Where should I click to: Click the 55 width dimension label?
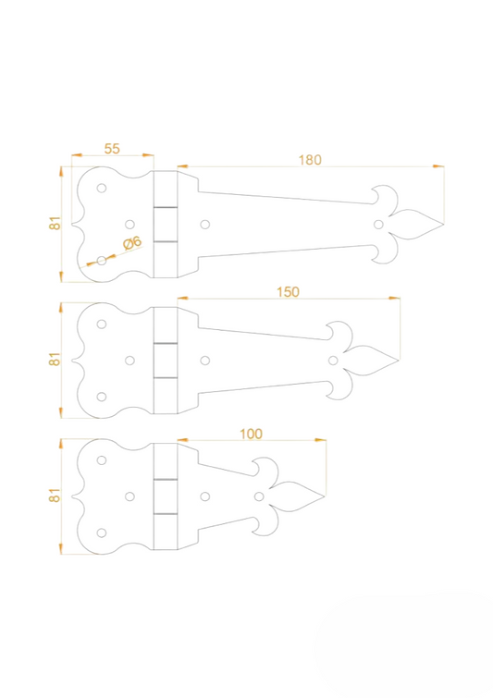(x=112, y=149)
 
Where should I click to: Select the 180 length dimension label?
(x=310, y=160)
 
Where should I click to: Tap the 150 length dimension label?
(x=288, y=292)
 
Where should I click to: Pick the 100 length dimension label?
(x=252, y=434)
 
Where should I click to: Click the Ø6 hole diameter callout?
(x=132, y=243)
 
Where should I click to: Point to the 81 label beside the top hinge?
(x=55, y=223)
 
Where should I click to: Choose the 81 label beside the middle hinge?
(x=55, y=360)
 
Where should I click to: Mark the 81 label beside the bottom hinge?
(x=55, y=495)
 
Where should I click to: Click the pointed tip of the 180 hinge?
(x=444, y=225)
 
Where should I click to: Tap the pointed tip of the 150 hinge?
(x=399, y=361)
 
